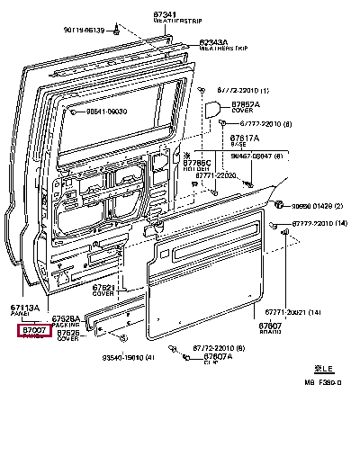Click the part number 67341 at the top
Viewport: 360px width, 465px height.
point(191,14)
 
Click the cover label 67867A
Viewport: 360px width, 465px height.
point(246,104)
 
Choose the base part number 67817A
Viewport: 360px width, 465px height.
point(246,139)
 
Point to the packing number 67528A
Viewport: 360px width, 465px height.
point(65,318)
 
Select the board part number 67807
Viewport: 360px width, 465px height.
point(271,326)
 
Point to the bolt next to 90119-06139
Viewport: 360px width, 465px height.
point(119,31)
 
